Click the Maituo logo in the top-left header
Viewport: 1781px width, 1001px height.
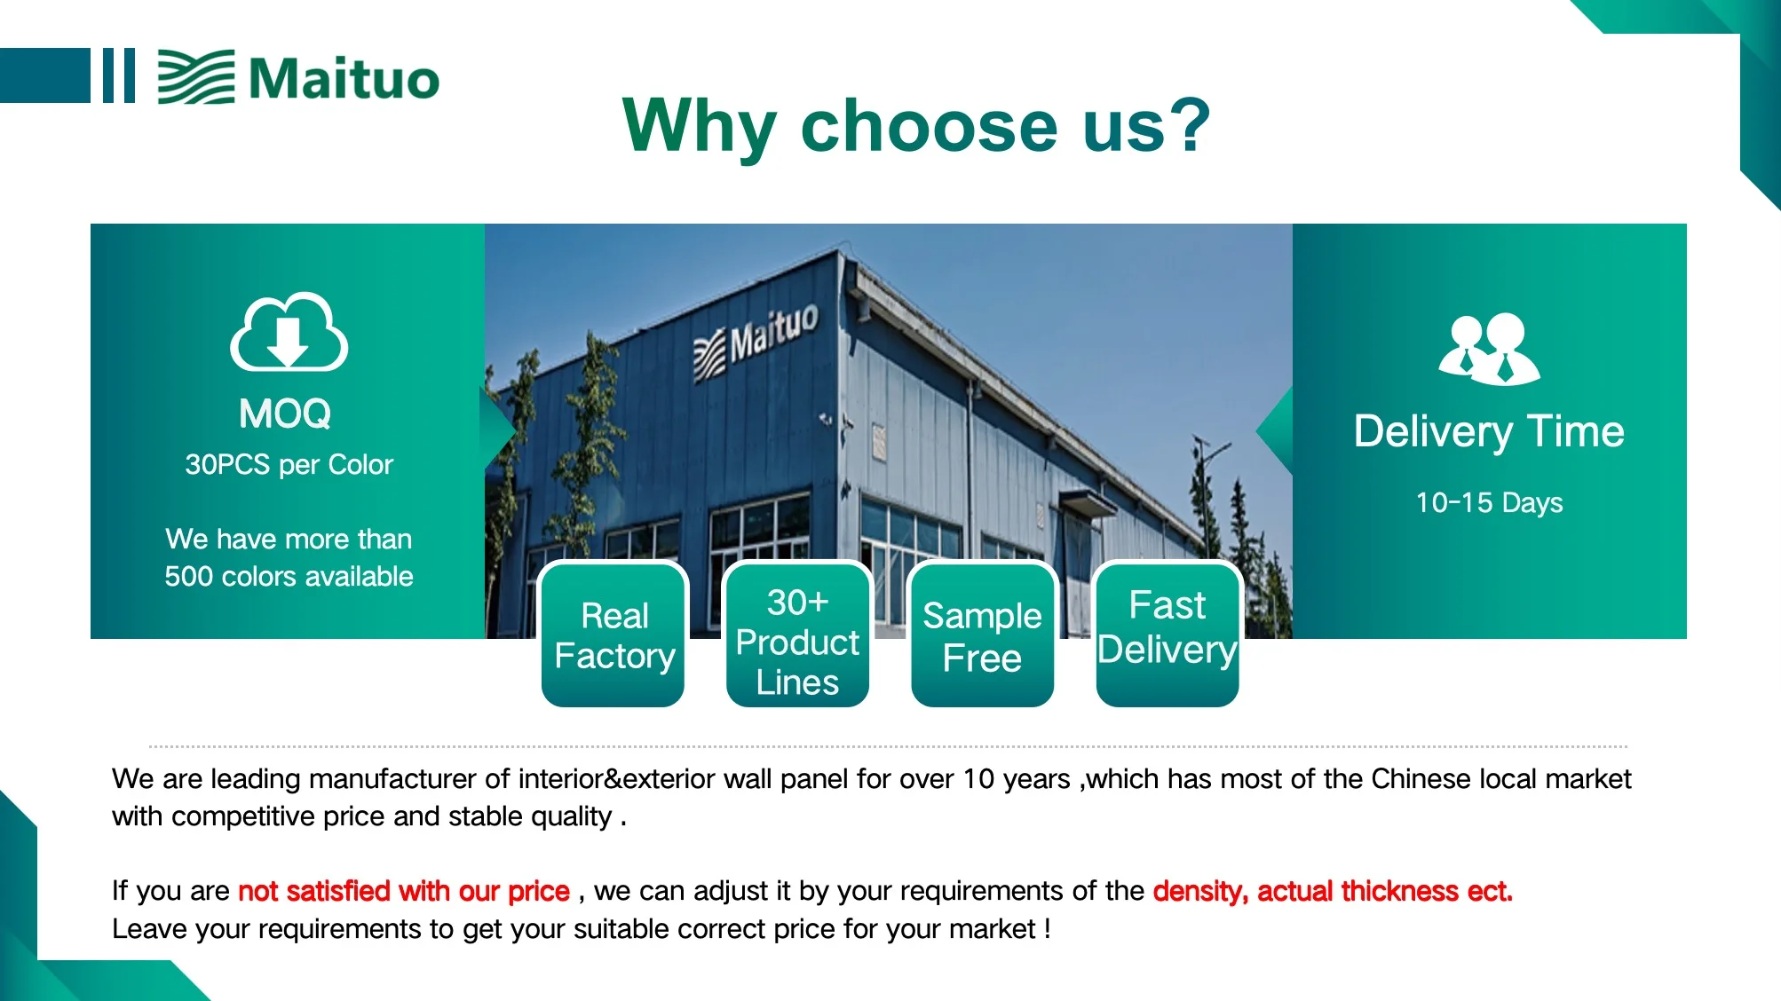point(298,77)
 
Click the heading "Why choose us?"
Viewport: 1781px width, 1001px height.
point(916,126)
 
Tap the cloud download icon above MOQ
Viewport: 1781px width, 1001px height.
point(289,331)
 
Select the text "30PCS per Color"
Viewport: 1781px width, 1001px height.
point(289,464)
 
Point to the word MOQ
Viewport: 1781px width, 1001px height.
point(285,414)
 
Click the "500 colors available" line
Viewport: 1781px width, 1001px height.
point(289,577)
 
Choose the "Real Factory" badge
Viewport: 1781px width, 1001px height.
point(614,634)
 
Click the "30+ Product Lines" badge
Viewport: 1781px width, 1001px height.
point(797,634)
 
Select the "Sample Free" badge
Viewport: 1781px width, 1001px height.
point(982,634)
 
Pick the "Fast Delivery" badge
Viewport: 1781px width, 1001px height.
point(1167,634)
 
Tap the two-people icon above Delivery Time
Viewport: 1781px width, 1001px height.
point(1489,348)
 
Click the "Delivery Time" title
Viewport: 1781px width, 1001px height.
point(1489,432)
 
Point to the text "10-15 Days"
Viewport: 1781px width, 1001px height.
point(1489,503)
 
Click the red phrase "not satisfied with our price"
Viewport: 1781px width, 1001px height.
point(404,891)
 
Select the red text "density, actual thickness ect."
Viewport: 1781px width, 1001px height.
point(1333,891)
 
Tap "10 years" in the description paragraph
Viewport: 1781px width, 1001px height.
point(1017,779)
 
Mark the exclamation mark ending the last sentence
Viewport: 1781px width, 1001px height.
point(1048,929)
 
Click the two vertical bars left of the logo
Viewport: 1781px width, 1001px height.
point(118,75)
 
